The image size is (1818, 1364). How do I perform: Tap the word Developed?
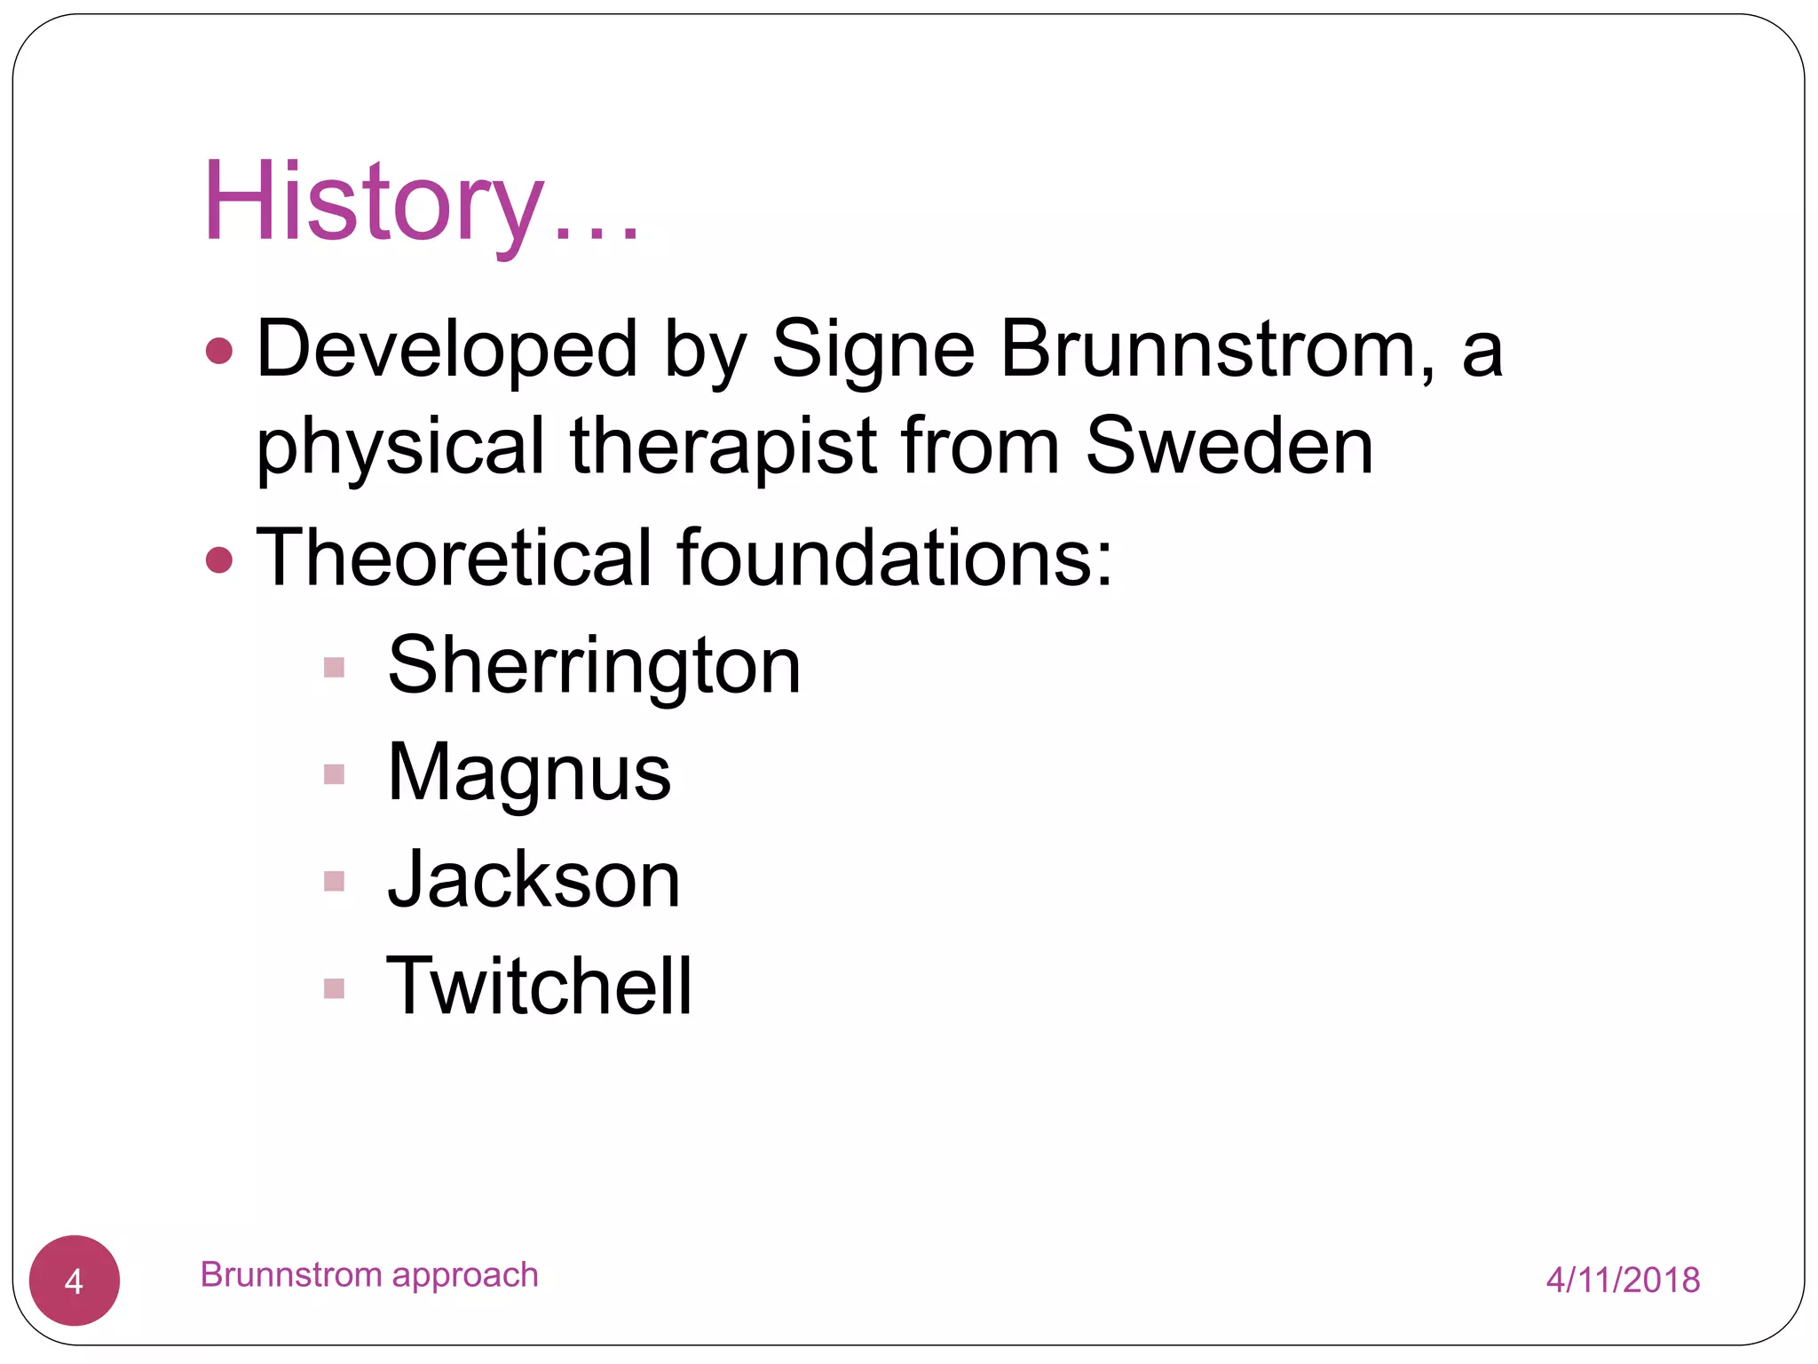coord(447,349)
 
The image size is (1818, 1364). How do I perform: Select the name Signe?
coord(873,349)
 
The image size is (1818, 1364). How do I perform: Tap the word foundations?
coord(892,558)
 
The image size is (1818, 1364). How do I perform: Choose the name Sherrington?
coord(594,665)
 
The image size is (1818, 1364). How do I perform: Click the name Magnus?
coord(529,773)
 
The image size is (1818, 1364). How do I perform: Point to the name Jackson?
coord(534,880)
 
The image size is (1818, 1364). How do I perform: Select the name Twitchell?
coord(539,986)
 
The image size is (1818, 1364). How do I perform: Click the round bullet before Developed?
coord(219,351)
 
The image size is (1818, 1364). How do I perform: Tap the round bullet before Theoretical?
coord(219,559)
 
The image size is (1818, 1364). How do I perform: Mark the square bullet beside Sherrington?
coord(334,667)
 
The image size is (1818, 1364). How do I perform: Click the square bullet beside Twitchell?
coord(334,988)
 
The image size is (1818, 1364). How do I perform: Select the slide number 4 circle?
coord(75,1281)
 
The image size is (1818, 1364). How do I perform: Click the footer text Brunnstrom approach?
coord(369,1274)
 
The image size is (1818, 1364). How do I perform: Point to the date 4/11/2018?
coord(1622,1280)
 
